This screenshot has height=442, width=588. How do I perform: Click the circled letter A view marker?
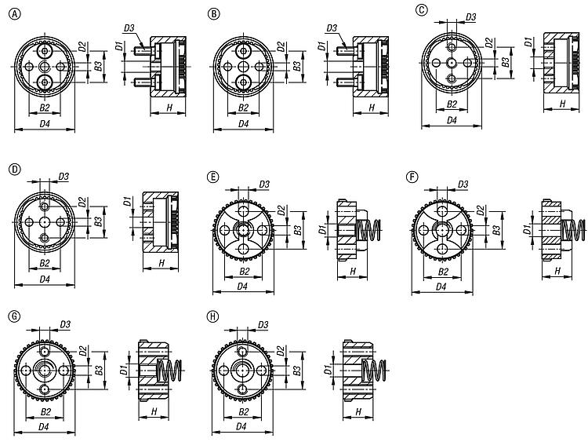15,14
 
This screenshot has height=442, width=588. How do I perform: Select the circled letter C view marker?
422,9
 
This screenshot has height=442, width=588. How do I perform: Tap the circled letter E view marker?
212,177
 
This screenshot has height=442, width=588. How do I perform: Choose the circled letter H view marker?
212,316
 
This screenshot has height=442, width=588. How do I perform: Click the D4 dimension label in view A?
45,123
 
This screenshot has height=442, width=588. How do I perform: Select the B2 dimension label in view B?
243,108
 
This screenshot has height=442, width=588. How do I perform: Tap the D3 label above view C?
470,17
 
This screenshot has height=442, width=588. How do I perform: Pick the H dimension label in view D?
162,263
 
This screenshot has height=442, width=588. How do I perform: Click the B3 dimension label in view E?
298,230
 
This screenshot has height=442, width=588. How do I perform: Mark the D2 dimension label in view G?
83,352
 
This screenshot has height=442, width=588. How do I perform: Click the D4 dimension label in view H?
241,426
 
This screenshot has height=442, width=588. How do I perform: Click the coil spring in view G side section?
169,370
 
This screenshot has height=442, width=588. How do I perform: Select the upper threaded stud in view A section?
143,49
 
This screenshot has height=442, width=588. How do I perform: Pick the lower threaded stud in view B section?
345,80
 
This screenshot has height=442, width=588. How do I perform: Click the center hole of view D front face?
45,222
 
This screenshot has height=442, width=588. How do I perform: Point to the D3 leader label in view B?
332,27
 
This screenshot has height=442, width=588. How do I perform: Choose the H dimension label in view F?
557,270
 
